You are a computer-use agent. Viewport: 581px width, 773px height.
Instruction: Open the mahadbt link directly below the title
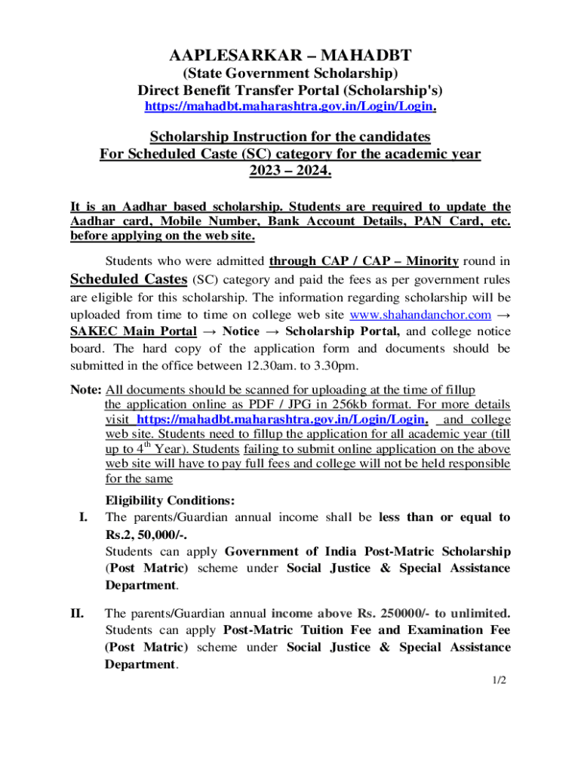coord(290,107)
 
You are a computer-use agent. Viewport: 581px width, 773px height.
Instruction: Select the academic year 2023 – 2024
coord(290,171)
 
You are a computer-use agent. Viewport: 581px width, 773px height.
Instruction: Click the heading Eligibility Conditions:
coord(170,500)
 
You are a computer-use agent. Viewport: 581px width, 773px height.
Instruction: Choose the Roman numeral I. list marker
coord(83,518)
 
